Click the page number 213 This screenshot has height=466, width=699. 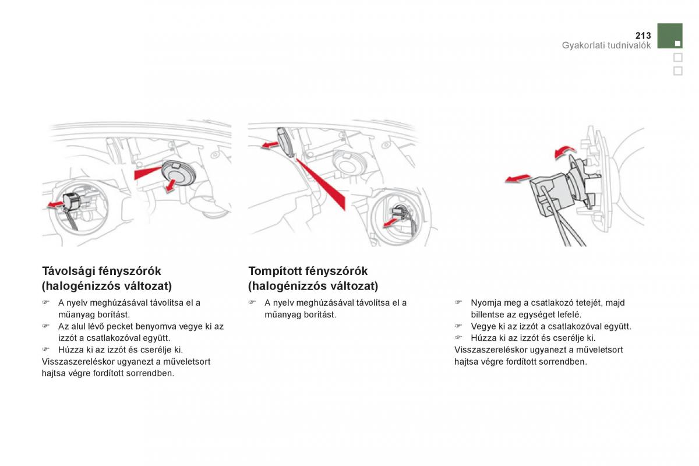[x=643, y=36]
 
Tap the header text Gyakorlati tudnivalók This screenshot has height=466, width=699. [x=606, y=45]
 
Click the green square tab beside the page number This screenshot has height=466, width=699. [x=670, y=36]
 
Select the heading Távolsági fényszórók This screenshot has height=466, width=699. [x=101, y=271]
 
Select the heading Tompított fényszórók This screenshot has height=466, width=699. [x=308, y=271]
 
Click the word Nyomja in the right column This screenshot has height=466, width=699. [x=485, y=303]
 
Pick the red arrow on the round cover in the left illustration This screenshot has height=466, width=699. [x=171, y=185]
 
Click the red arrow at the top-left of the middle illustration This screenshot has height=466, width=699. [x=269, y=144]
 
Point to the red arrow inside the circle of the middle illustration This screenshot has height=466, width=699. [x=391, y=222]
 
